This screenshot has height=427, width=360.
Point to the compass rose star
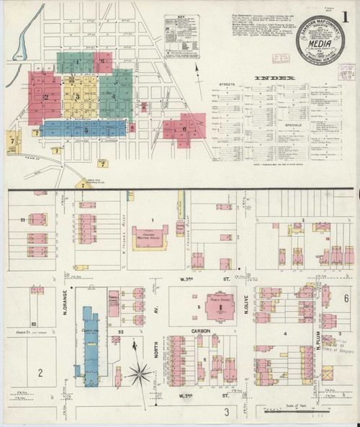click(143, 373)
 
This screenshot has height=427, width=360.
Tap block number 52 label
click(33, 324)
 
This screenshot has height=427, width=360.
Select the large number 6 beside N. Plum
click(346, 297)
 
